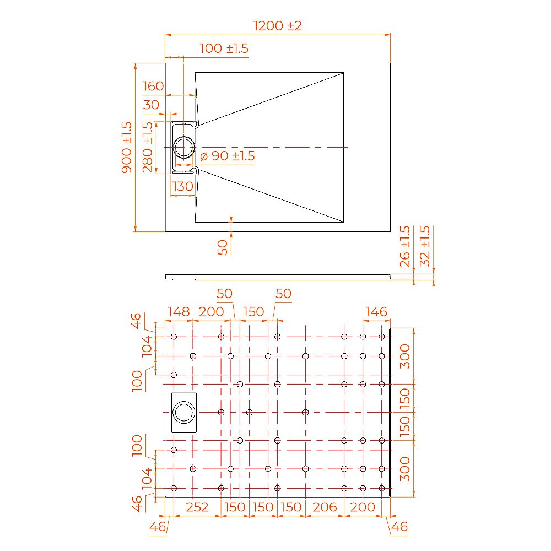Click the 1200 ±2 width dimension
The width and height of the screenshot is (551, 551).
click(x=277, y=25)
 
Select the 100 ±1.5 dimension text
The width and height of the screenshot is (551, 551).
click(x=224, y=48)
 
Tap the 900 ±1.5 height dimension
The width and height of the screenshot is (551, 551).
click(x=127, y=147)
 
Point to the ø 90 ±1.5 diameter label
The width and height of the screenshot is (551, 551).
click(x=227, y=156)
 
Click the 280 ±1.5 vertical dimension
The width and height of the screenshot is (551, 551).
click(x=148, y=147)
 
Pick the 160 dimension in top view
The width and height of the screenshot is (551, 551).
click(x=153, y=86)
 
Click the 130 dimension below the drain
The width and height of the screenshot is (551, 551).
click(x=183, y=186)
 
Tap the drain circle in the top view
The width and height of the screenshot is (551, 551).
click(x=183, y=147)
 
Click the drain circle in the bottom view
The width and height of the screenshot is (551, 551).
click(x=183, y=412)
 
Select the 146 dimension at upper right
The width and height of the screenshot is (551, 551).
click(x=376, y=312)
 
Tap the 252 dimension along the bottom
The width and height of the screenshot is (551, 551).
click(x=197, y=507)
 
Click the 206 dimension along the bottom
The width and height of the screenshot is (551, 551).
click(x=324, y=507)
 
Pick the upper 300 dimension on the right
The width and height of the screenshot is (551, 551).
click(x=405, y=356)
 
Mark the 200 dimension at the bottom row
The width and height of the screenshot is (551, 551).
click(x=363, y=507)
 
